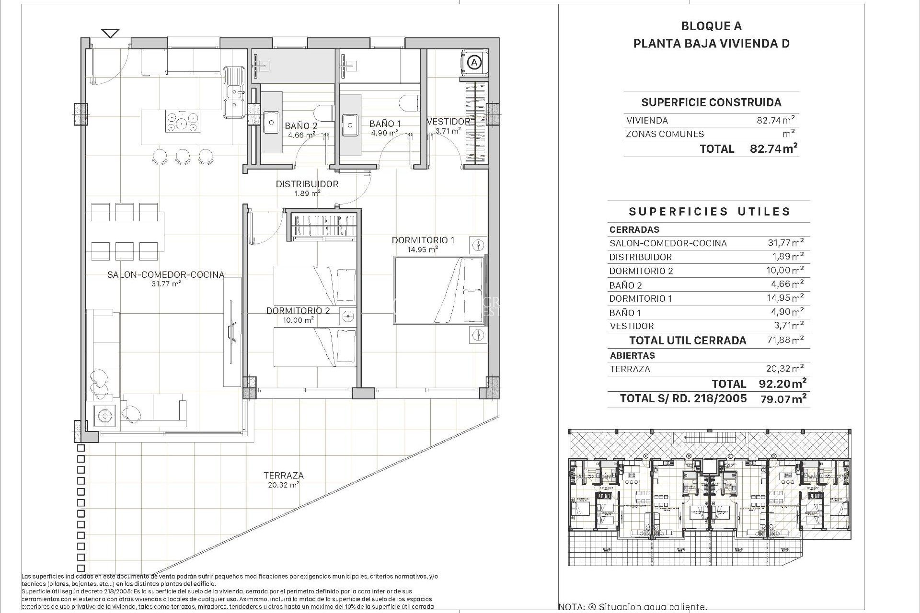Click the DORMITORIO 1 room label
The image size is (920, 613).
coord(423,240)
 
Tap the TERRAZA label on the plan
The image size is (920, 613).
coord(283,476)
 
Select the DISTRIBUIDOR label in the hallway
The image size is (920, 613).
coord(307,184)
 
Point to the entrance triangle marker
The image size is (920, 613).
coord(111,34)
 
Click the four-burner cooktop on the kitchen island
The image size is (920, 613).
coord(182,121)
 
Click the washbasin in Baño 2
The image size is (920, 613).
coord(271,122)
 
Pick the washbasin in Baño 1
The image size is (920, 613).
coord(351,125)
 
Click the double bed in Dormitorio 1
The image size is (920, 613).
coord(438,290)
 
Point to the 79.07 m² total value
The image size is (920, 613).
coord(783,398)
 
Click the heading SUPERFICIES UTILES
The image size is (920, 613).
coord(709,212)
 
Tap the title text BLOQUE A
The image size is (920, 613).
coord(711,26)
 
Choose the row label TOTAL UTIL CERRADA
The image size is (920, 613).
coord(688,341)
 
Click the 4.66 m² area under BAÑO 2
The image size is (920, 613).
coord(301,135)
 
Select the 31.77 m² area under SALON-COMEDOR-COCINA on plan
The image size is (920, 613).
coord(166,284)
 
